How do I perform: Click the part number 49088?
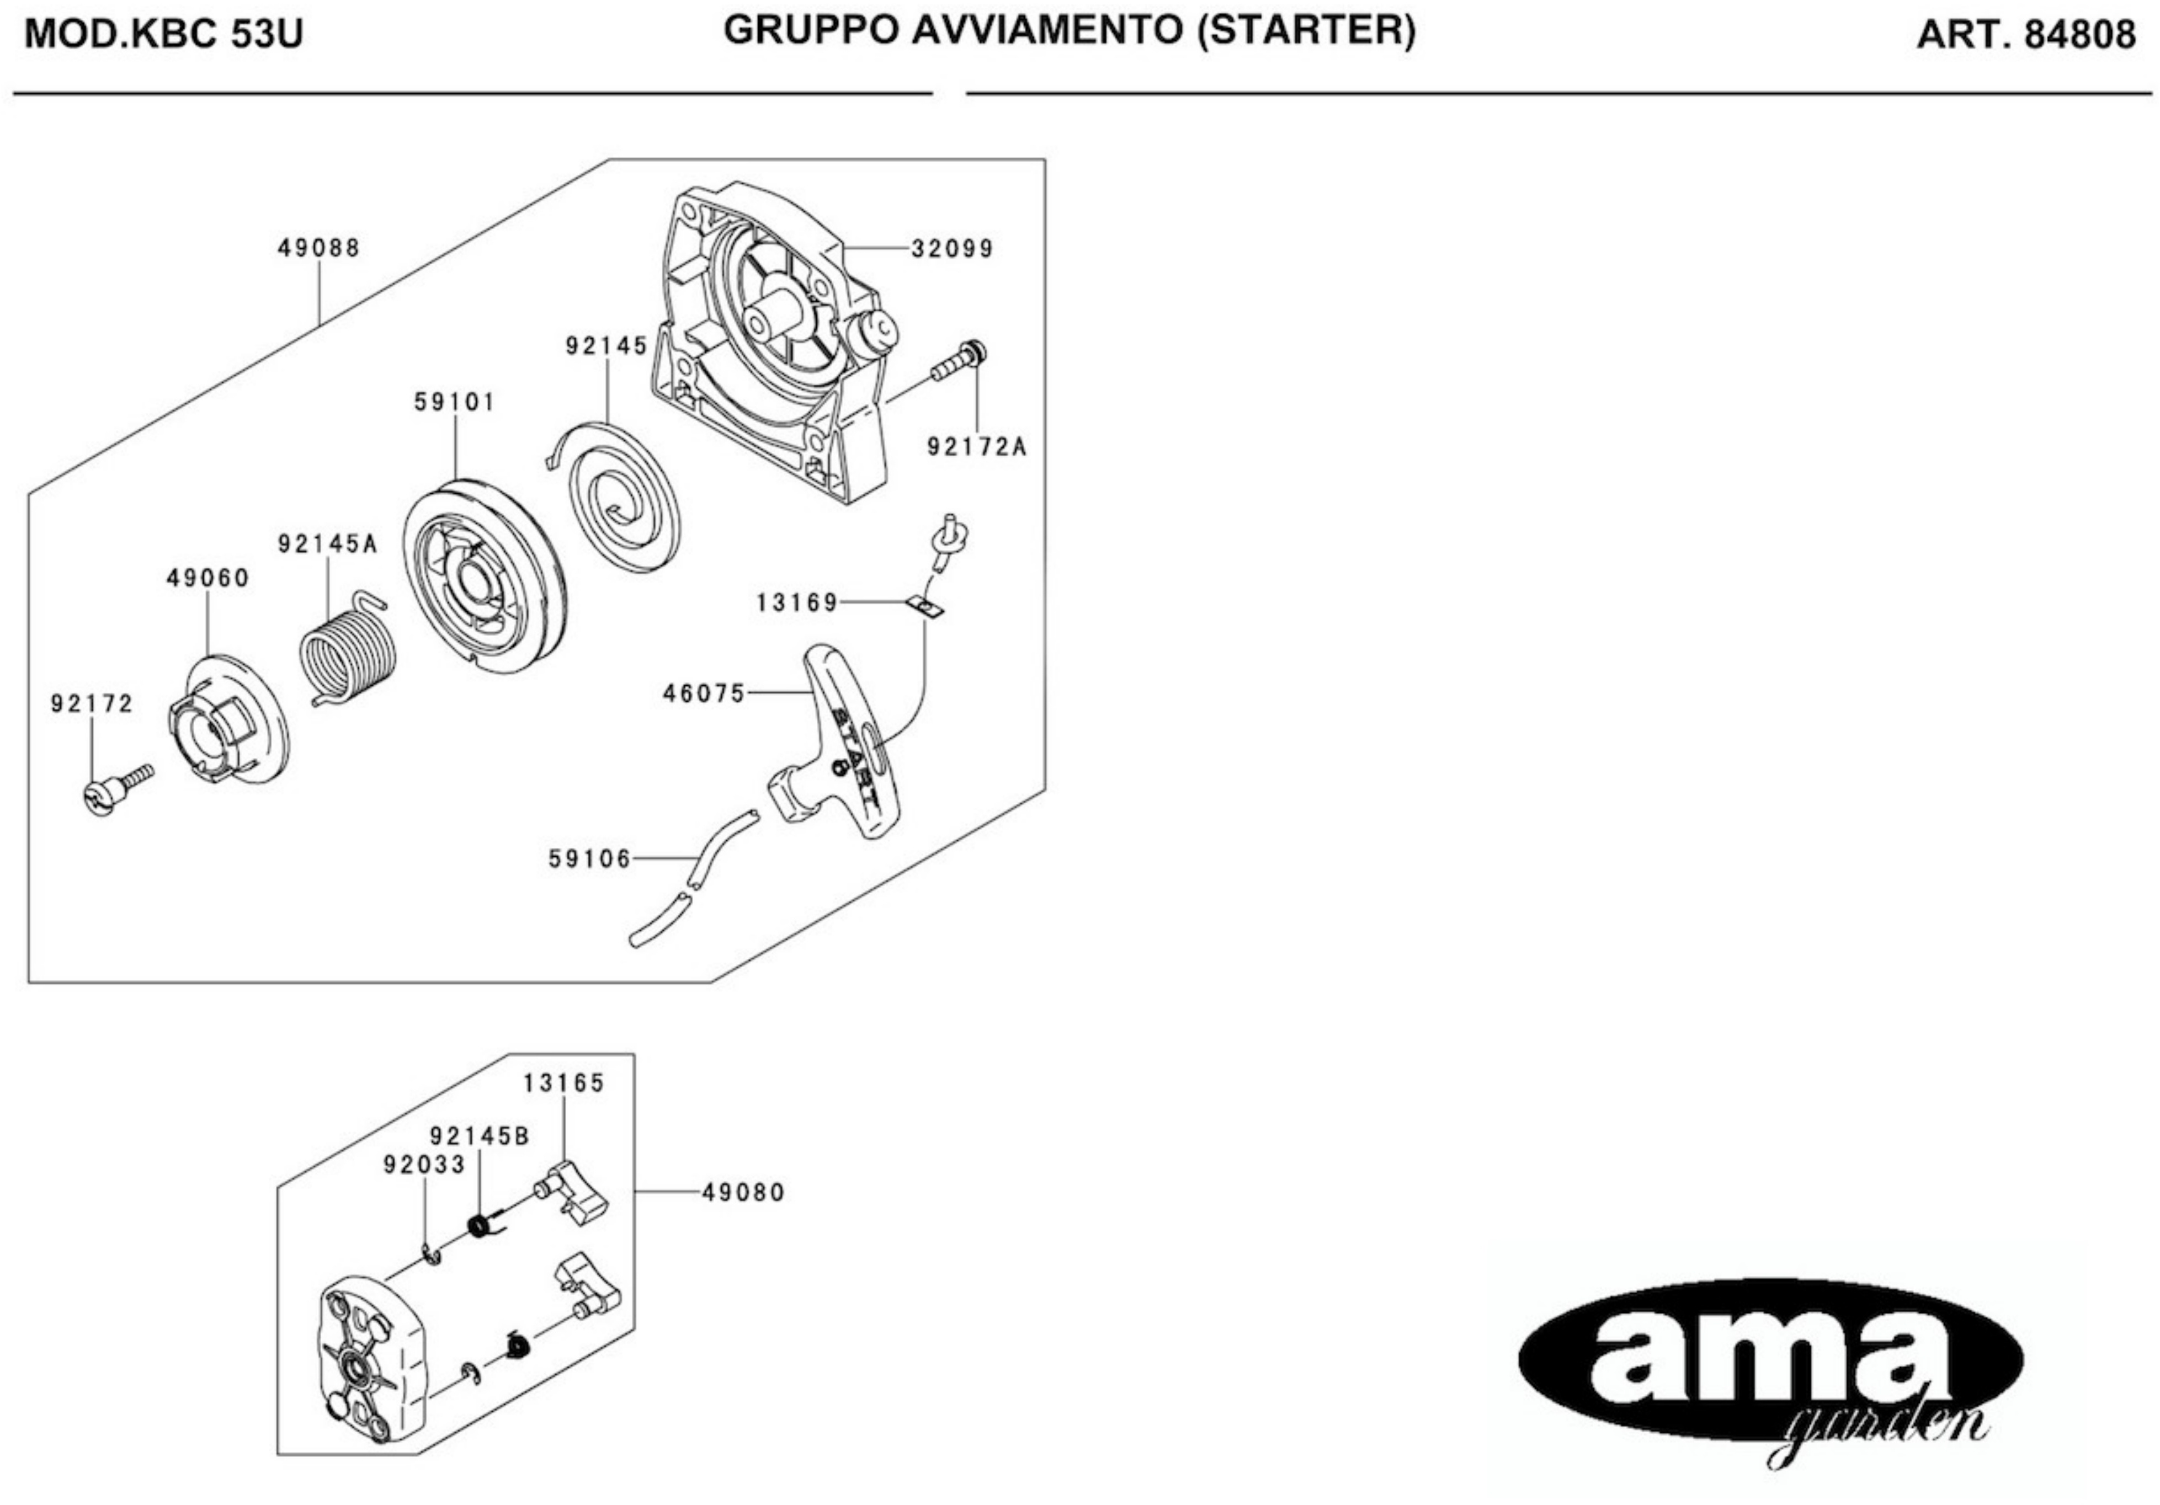tap(319, 248)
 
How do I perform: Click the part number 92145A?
tap(327, 543)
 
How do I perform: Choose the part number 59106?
tap(590, 859)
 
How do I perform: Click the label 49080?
tap(743, 1193)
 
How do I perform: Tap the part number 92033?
tap(424, 1165)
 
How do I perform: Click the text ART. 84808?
tap(2025, 35)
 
